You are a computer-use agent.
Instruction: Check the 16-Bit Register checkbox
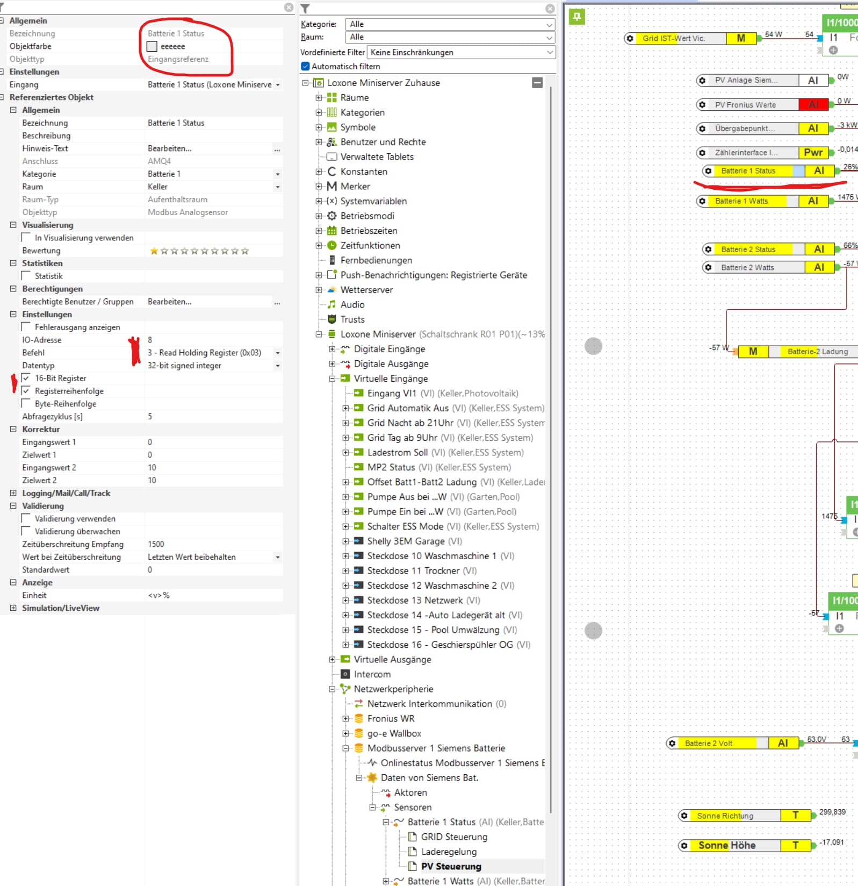(26, 378)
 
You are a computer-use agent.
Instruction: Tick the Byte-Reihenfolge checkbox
(26, 404)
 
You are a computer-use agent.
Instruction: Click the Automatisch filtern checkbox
(305, 66)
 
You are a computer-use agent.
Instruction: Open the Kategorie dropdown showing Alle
(449, 24)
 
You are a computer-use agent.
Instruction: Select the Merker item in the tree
(355, 186)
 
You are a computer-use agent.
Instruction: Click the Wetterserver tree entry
(366, 290)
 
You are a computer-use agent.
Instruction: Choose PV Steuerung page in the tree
(451, 866)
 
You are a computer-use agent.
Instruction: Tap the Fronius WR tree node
(391, 718)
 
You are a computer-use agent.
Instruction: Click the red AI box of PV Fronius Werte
(813, 104)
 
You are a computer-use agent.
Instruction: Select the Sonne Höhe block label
(726, 845)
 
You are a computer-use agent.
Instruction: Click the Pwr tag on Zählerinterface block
(813, 152)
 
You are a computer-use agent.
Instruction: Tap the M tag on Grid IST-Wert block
(741, 38)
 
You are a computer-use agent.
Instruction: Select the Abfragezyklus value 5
(150, 417)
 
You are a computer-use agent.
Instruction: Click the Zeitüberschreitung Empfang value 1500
(156, 544)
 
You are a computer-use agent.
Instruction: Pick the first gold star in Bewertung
(154, 251)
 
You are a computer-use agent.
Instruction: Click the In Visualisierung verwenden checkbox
(26, 238)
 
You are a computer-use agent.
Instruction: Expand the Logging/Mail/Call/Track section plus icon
(13, 493)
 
